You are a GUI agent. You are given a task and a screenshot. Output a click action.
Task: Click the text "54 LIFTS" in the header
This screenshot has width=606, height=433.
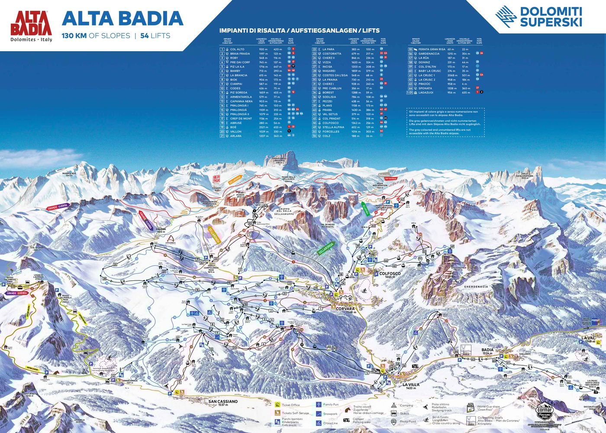pyautogui.click(x=155, y=36)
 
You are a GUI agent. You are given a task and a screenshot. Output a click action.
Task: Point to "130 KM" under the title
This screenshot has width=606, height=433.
pyautogui.click(x=74, y=36)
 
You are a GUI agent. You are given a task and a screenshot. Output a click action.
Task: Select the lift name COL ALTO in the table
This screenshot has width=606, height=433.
pyautogui.click(x=237, y=49)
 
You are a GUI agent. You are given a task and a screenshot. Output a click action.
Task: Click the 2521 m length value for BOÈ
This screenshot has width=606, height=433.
pyautogui.click(x=263, y=127)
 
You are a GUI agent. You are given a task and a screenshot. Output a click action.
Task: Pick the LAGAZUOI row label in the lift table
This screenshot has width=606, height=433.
pyautogui.click(x=425, y=92)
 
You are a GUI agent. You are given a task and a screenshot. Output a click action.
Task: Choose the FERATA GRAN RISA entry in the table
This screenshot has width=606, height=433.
pyautogui.click(x=432, y=49)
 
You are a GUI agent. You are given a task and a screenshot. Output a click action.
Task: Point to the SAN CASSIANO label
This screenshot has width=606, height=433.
pyautogui.click(x=223, y=401)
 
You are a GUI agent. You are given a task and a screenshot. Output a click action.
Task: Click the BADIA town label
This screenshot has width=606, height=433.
pyautogui.click(x=487, y=350)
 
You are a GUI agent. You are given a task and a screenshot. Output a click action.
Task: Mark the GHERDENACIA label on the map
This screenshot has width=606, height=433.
pyautogui.click(x=476, y=286)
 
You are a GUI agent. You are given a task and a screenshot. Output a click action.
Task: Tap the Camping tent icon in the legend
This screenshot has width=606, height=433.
pyautogui.click(x=394, y=405)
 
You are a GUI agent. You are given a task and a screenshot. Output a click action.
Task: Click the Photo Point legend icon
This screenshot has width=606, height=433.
pyautogui.click(x=394, y=421)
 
